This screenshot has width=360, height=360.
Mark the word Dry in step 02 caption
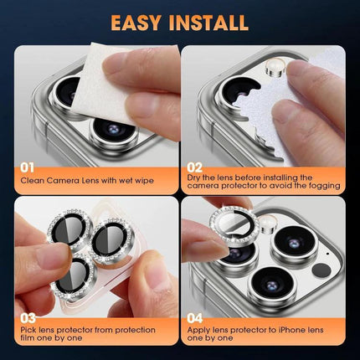coord(196,177)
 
